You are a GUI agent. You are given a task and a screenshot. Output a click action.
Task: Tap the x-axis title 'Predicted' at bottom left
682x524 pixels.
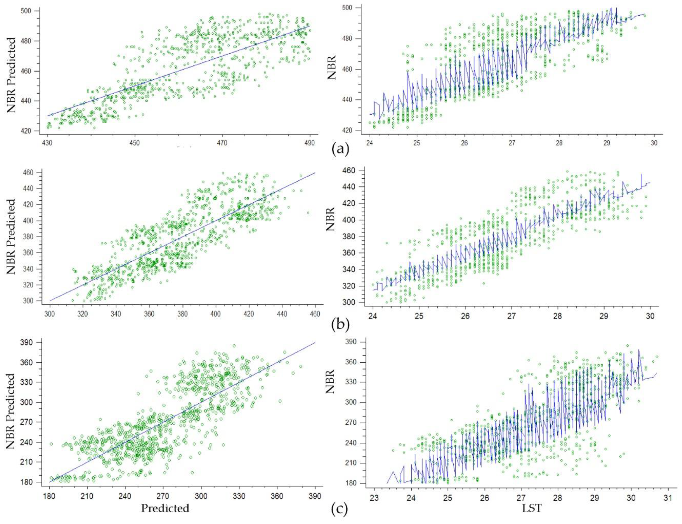[165, 508]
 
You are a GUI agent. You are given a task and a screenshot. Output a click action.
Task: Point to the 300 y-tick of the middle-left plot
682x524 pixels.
[34, 301]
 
